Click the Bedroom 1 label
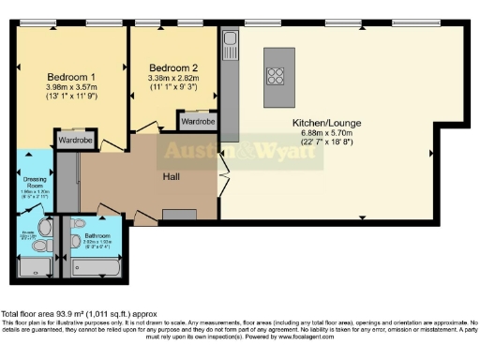coord(71,76)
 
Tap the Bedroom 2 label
coord(173,67)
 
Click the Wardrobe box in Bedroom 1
coord(75,141)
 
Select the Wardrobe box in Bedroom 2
coord(198,122)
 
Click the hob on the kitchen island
coord(278,75)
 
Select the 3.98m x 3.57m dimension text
coord(71,87)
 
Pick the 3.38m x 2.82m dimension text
coord(173,79)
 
